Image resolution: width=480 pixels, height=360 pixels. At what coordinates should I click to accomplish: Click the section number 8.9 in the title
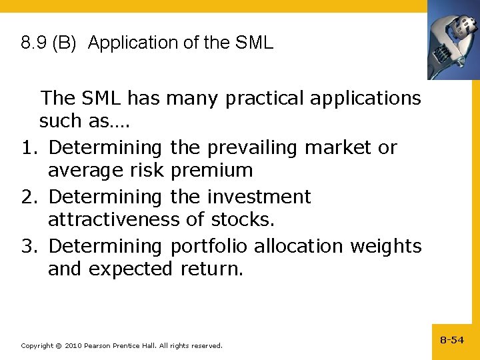coord(33,43)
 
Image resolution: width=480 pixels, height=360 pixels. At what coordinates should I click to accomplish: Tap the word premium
coord(211,171)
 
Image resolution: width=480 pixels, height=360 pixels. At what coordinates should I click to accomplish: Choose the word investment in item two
coord(259,197)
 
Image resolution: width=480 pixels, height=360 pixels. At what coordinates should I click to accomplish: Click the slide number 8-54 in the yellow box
coord(452,340)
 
